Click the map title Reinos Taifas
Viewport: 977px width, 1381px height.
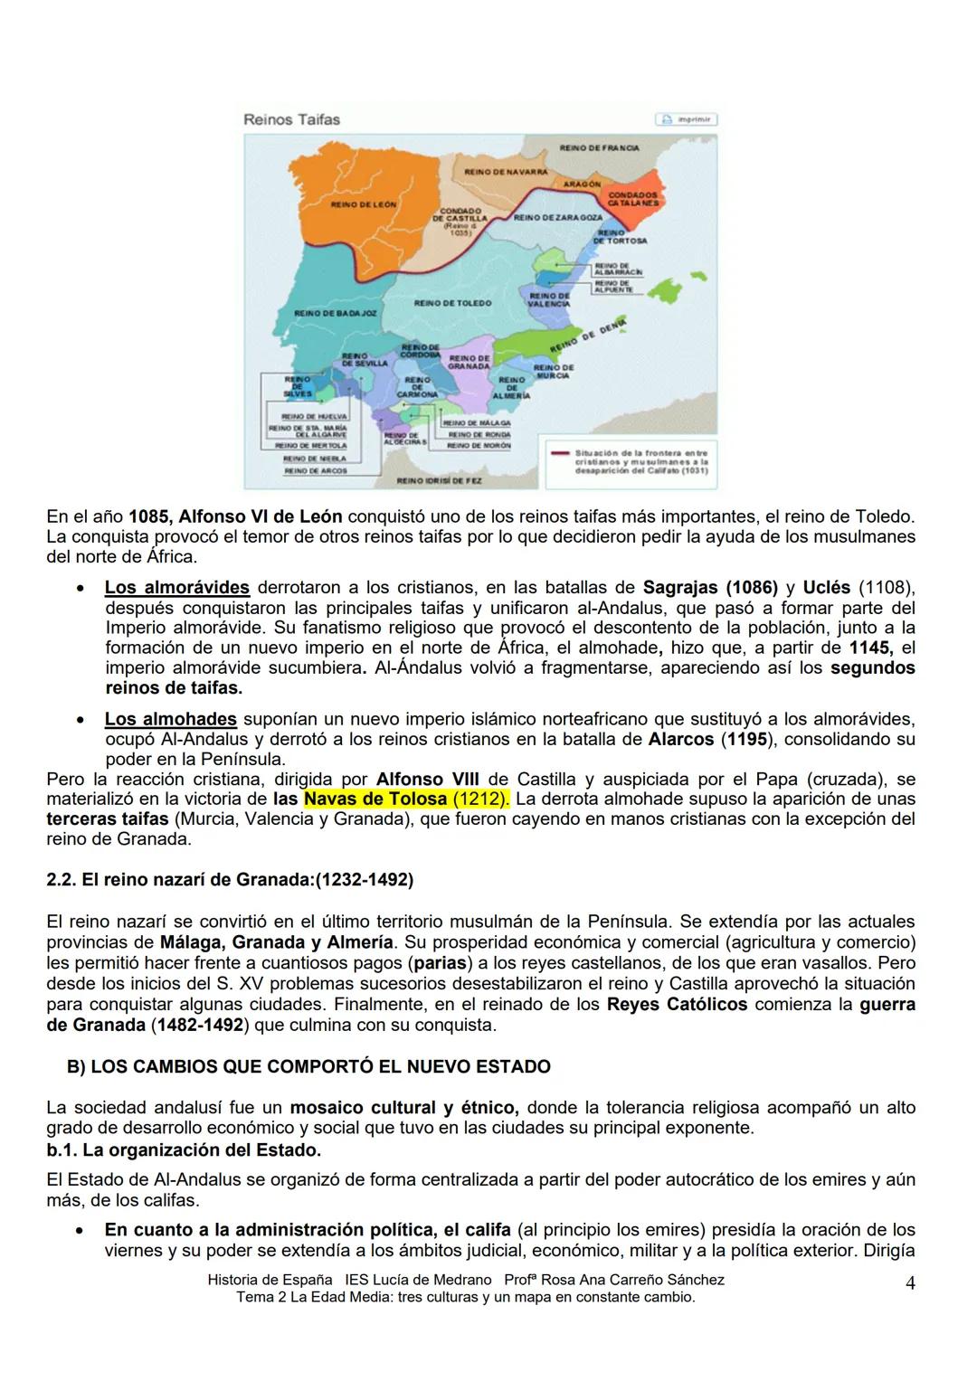291,119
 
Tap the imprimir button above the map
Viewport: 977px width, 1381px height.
687,119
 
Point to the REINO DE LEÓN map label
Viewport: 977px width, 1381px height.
364,204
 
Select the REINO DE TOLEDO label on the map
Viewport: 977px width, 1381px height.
452,303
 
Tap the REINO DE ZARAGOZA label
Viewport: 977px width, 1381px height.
558,218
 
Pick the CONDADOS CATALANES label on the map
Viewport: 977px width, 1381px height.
632,199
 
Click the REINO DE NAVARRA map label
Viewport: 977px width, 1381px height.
506,171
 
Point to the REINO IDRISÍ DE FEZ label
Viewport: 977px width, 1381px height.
440,480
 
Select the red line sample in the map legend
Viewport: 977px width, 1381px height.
560,452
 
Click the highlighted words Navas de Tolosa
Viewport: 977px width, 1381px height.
375,799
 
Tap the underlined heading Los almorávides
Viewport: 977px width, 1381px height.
176,587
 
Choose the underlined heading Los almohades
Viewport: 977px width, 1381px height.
170,719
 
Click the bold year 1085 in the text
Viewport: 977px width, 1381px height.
149,516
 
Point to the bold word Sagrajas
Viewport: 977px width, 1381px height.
678,587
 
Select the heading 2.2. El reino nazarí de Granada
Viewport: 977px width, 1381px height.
230,879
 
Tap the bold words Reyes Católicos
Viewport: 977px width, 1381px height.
677,1004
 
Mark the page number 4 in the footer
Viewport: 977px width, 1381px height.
910,1282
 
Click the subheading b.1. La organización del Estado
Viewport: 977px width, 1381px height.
184,1149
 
